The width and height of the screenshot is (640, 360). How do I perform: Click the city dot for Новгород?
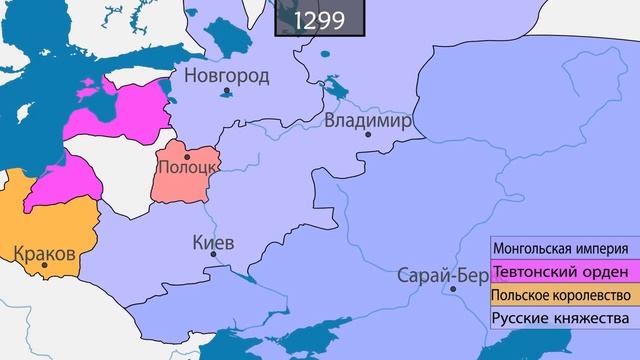[228, 91]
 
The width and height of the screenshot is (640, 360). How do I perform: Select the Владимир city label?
[368, 120]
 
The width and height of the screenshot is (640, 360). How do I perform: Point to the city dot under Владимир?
[368, 135]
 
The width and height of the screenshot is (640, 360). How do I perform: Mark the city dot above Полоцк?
[186, 156]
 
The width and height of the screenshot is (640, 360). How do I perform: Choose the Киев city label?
[212, 243]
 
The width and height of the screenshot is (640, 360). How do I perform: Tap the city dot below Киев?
[213, 256]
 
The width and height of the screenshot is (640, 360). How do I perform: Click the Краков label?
[45, 254]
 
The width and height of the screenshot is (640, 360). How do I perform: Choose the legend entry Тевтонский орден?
[560, 272]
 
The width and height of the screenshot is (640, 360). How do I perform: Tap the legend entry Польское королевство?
[560, 296]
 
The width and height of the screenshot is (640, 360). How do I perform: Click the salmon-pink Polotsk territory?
[185, 185]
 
